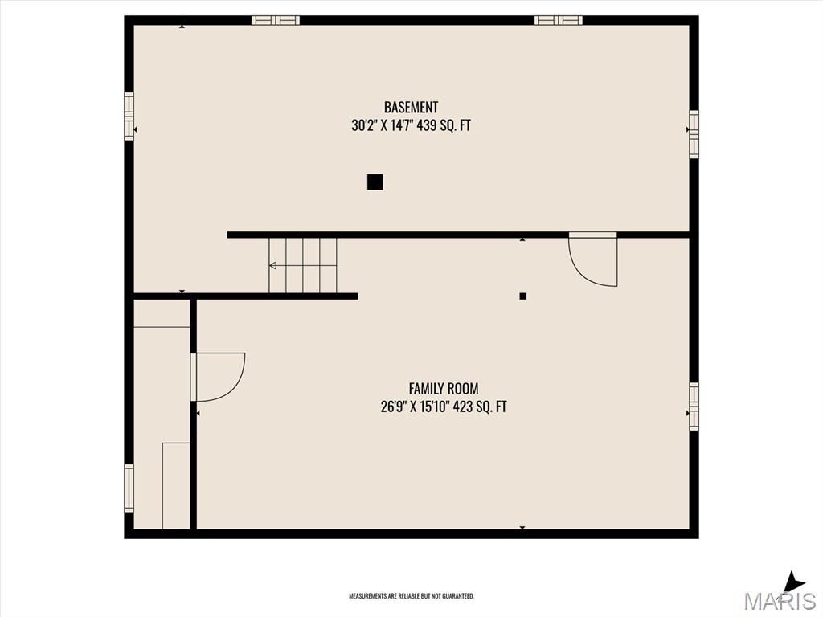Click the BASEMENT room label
tap(411, 107)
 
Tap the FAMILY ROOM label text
tap(444, 389)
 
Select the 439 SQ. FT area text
tap(444, 126)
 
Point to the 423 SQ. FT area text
tap(480, 407)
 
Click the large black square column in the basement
tap(375, 182)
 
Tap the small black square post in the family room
tap(522, 296)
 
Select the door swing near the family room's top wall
tap(593, 259)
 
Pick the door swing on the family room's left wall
tap(218, 378)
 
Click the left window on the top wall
tap(276, 20)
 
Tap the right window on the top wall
tap(559, 20)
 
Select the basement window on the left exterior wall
tap(129, 116)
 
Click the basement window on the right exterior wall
tap(694, 134)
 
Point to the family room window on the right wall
tap(694, 407)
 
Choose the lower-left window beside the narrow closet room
tap(129, 488)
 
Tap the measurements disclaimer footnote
tap(411, 596)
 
